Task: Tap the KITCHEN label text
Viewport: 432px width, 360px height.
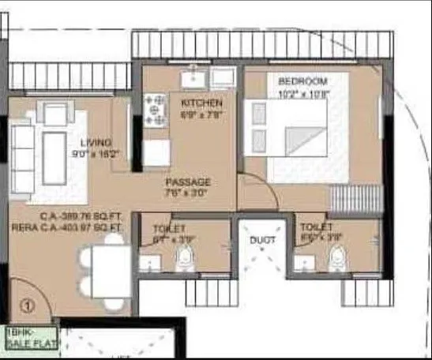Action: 201,103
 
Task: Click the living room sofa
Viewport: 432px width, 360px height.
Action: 22,150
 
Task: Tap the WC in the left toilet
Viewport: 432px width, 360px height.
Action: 185,255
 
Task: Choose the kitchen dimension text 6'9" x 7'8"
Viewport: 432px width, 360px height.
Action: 201,114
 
